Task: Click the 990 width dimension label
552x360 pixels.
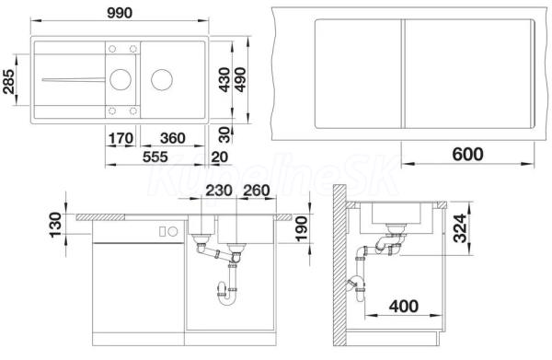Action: (x=120, y=13)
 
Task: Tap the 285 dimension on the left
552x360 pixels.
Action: (x=9, y=82)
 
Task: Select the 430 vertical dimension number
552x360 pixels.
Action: (x=224, y=80)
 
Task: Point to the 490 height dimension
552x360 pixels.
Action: (x=241, y=79)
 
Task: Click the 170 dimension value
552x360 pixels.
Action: (x=121, y=138)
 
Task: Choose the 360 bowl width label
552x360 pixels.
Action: (x=173, y=138)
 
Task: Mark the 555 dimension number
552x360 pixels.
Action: (x=155, y=157)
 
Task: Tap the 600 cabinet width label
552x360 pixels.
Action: (x=467, y=155)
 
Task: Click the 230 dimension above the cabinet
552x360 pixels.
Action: (x=219, y=191)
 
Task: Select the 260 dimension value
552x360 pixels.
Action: (x=257, y=191)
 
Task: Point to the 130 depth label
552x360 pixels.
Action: (x=55, y=225)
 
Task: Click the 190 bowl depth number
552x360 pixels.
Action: (x=302, y=229)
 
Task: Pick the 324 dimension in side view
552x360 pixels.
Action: (x=460, y=228)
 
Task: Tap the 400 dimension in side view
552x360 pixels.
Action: (x=404, y=306)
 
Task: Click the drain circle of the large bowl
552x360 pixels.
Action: (x=162, y=79)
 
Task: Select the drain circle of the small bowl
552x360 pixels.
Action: (x=121, y=79)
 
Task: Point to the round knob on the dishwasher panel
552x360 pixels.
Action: (x=173, y=231)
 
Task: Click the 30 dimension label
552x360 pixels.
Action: (x=224, y=134)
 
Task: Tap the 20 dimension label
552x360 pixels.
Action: (x=220, y=157)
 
